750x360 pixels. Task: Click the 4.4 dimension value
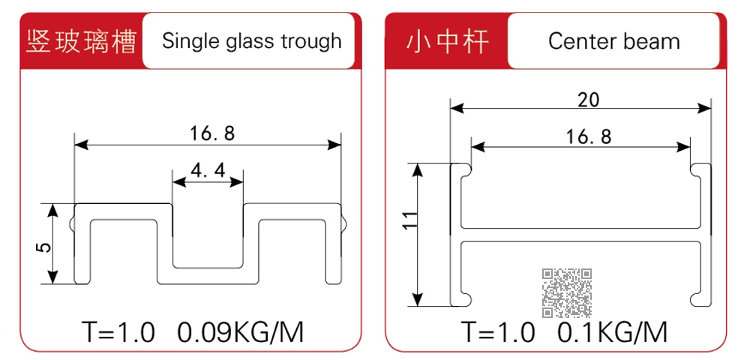pyautogui.click(x=208, y=171)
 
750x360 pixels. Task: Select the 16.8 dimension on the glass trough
pyautogui.click(x=213, y=133)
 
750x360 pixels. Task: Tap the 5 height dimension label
pyautogui.click(x=44, y=247)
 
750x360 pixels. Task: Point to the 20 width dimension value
pyautogui.click(x=588, y=100)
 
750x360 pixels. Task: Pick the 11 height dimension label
pyautogui.click(x=410, y=220)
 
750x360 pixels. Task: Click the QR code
pyautogui.click(x=567, y=293)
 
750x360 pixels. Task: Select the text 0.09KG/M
pyautogui.click(x=241, y=332)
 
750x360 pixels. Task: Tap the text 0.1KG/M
pyautogui.click(x=612, y=332)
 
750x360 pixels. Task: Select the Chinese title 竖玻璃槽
pyautogui.click(x=81, y=42)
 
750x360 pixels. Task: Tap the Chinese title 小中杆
pyautogui.click(x=447, y=42)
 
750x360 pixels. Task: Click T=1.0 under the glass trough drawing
pyautogui.click(x=118, y=332)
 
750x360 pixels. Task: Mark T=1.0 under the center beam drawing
pyautogui.click(x=498, y=332)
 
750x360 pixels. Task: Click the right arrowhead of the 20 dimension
pyautogui.click(x=704, y=109)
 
